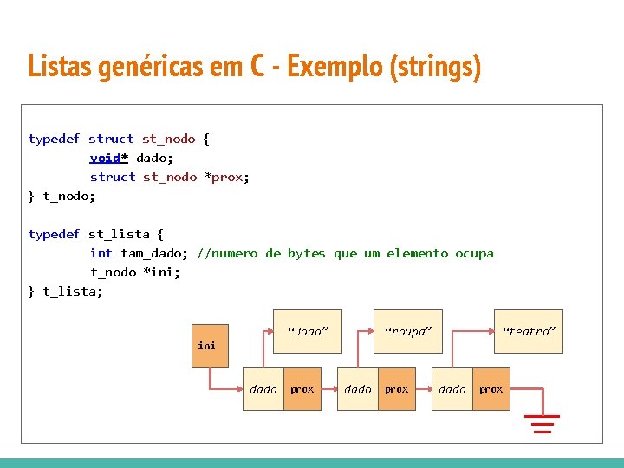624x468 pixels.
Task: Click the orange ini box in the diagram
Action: click(x=209, y=346)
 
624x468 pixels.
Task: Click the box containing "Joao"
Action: click(x=308, y=331)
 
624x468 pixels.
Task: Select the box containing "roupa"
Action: click(x=407, y=331)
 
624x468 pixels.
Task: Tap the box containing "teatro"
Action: click(x=528, y=331)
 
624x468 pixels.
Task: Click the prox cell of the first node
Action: click(x=302, y=390)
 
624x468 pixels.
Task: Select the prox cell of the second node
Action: click(x=397, y=390)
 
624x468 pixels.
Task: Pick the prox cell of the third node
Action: click(x=491, y=390)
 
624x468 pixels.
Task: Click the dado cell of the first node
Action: click(x=263, y=390)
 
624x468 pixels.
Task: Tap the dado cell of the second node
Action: click(x=357, y=390)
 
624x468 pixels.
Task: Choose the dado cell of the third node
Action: click(x=452, y=390)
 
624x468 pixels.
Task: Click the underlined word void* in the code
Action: click(x=109, y=158)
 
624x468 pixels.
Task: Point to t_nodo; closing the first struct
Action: click(x=69, y=196)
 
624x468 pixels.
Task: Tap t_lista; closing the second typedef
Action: click(x=73, y=291)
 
